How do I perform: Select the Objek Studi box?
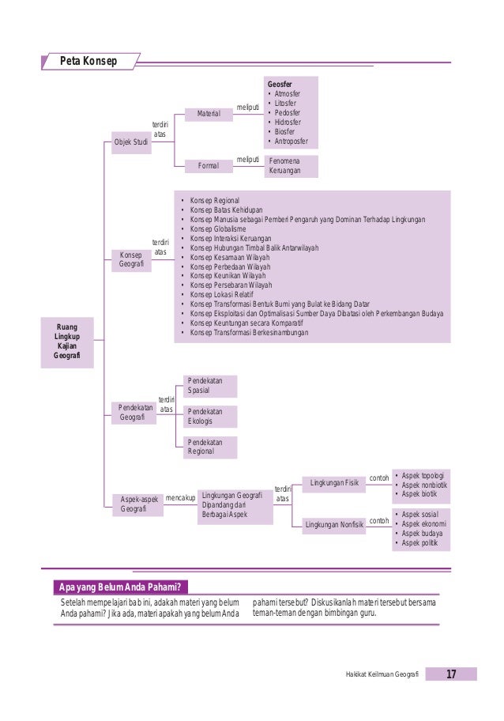pos(131,142)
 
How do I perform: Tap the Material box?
pos(209,115)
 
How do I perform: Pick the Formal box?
pos(209,166)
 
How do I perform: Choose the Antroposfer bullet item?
pos(291,142)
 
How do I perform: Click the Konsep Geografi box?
pos(131,260)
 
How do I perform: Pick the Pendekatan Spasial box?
pos(209,386)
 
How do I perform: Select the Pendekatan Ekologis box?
pos(209,417)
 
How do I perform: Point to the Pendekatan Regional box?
pos(209,447)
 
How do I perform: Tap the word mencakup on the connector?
pos(180,498)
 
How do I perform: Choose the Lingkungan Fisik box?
pos(335,482)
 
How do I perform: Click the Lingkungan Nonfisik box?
pos(335,523)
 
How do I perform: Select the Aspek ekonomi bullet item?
pos(423,523)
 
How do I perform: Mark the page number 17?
pos(451,674)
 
